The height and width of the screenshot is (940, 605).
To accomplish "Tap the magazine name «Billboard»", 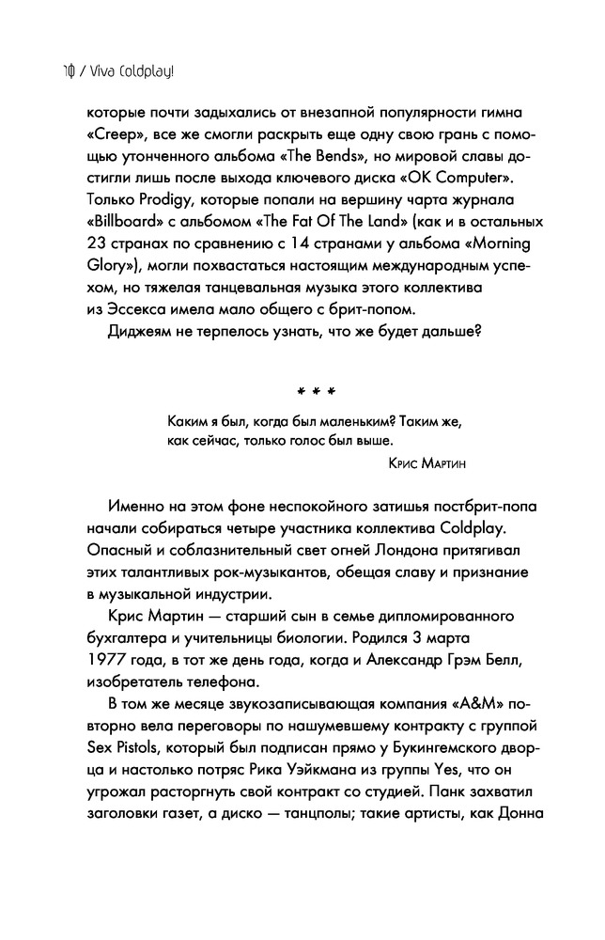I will [116, 221].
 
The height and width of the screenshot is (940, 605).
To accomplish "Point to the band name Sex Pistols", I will [123, 749].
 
